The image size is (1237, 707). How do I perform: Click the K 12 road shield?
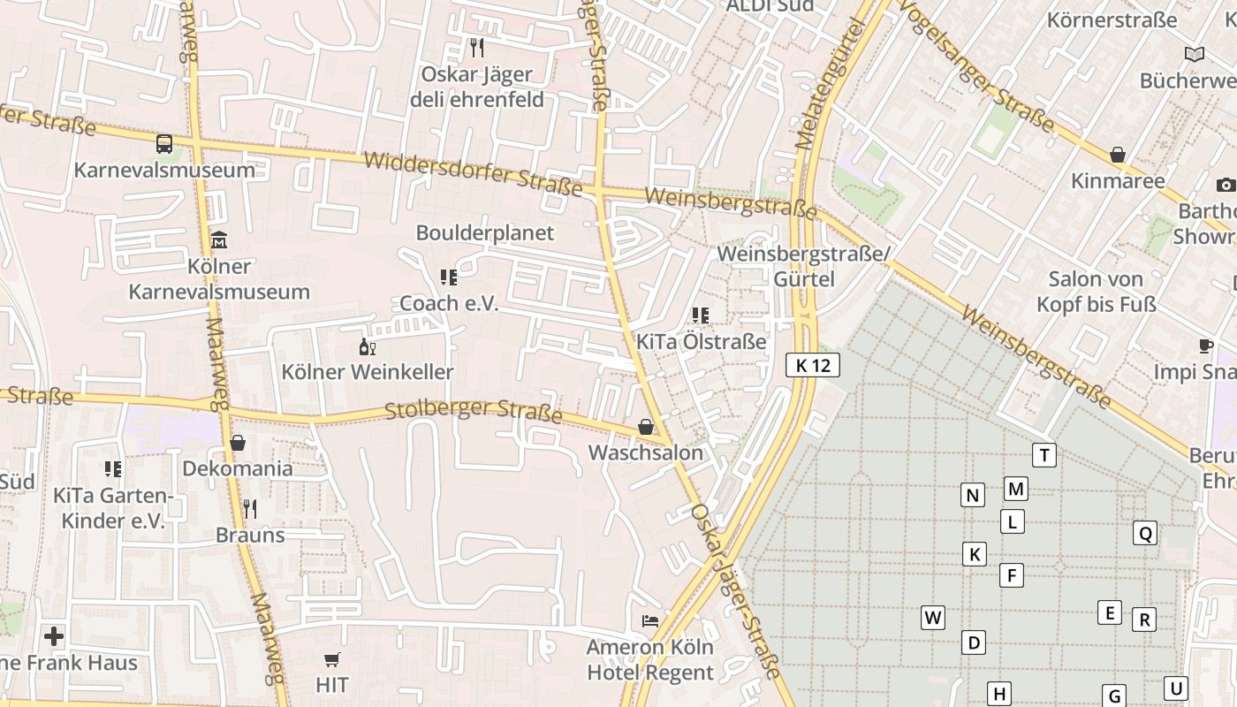click(813, 365)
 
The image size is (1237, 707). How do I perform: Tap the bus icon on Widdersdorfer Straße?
click(164, 144)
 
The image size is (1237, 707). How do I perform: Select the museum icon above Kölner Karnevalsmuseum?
click(219, 239)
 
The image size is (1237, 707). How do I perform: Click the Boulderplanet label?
click(485, 232)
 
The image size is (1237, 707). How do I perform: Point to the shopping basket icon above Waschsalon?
click(646, 428)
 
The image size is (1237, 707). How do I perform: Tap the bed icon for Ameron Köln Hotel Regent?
click(650, 621)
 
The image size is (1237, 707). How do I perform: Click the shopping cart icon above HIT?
click(332, 659)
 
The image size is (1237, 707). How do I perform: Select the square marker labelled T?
click(1044, 455)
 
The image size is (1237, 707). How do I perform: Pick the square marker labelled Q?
click(1145, 533)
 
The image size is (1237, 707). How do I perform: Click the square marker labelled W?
click(933, 617)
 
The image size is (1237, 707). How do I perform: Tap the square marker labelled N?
click(973, 495)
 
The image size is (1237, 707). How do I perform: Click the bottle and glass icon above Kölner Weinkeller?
click(368, 346)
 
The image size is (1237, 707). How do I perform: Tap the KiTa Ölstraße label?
click(702, 341)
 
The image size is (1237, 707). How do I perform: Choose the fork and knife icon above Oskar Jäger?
click(477, 48)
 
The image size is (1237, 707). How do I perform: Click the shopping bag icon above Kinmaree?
click(1118, 156)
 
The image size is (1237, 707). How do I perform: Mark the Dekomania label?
click(238, 468)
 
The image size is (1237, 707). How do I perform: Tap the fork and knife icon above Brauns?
click(250, 509)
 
